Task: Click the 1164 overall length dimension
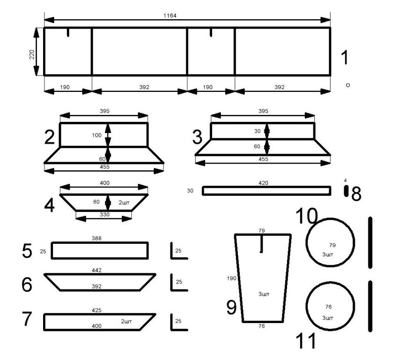tap(170, 15)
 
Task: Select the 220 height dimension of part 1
tap(32, 54)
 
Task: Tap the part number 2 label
tap(50, 137)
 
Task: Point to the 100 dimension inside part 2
tap(97, 135)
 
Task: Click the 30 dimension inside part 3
tap(258, 131)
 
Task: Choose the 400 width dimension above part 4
tap(104, 183)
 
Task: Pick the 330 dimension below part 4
tap(104, 214)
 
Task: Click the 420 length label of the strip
tap(263, 183)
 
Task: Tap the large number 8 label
tap(356, 194)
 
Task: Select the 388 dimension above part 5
tap(97, 238)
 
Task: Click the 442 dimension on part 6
tap(97, 270)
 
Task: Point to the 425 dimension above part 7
tap(97, 310)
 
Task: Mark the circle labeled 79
tap(330, 242)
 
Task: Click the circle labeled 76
tap(330, 306)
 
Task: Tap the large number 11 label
tap(306, 341)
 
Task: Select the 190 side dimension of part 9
tap(231, 278)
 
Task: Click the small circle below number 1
tap(348, 85)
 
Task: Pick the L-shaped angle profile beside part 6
tap(179, 282)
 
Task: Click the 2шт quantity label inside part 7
tap(126, 321)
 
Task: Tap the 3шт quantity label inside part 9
tap(264, 294)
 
